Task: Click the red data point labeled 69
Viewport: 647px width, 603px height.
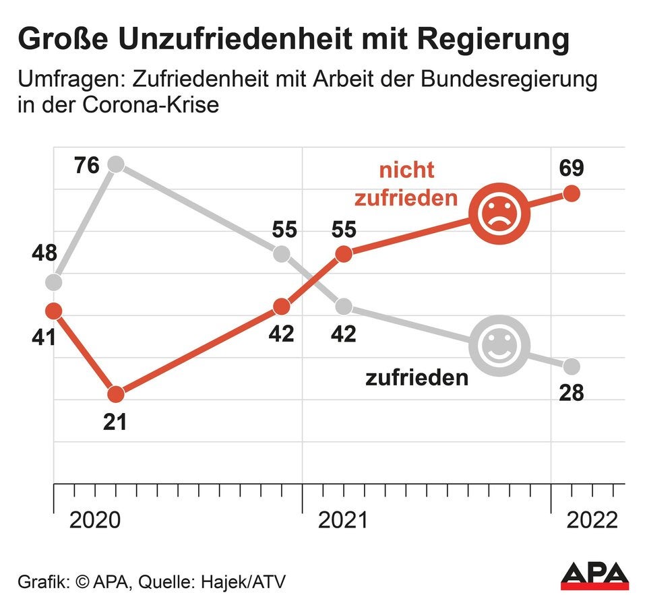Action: (572, 193)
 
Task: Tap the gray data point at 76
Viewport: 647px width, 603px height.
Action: (116, 164)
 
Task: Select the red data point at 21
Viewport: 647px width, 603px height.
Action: (116, 393)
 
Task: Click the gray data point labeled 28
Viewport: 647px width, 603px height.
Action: (572, 367)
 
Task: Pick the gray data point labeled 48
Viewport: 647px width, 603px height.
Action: (54, 282)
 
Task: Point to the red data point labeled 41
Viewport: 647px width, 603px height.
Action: (54, 311)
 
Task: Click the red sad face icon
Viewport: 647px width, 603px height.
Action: (499, 214)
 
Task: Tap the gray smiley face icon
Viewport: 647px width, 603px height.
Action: (499, 345)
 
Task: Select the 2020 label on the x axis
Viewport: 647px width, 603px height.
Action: (96, 520)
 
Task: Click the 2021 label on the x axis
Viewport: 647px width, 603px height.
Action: (344, 520)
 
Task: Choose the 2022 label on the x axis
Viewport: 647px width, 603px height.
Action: (592, 520)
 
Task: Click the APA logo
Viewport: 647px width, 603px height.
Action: (594, 575)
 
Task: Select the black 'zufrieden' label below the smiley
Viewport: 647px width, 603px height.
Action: (417, 377)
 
